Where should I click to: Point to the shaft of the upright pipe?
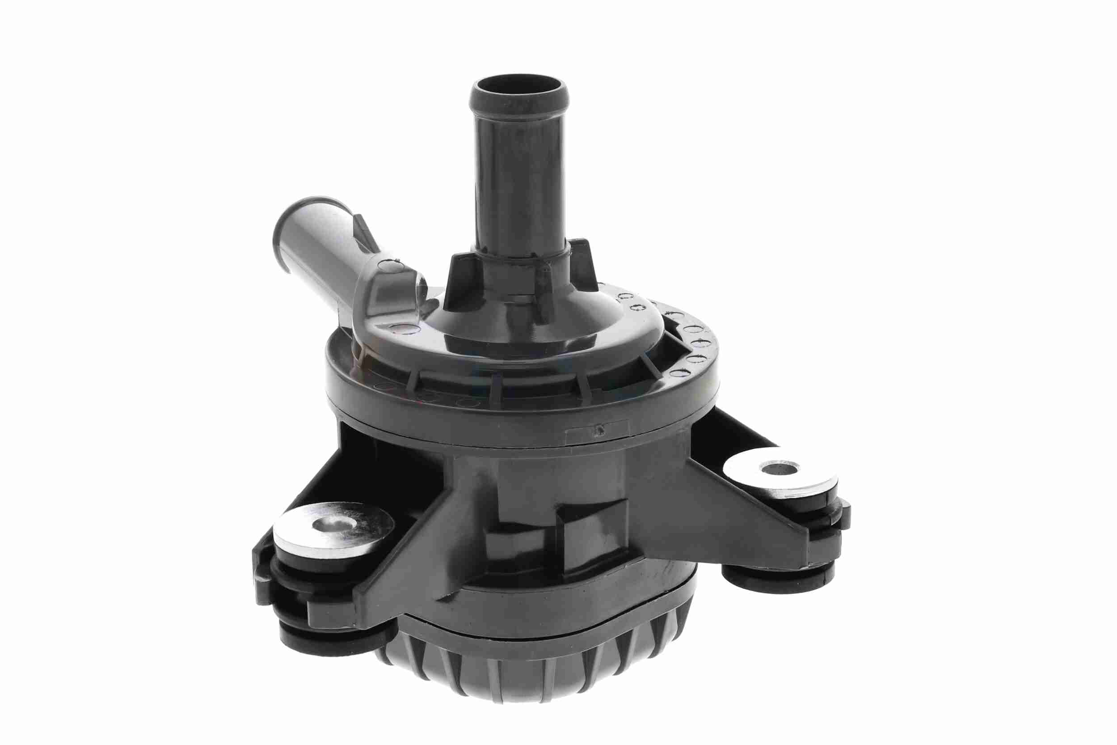[x=519, y=176]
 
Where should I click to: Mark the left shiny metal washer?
[x=333, y=532]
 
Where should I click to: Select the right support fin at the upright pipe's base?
[x=582, y=266]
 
